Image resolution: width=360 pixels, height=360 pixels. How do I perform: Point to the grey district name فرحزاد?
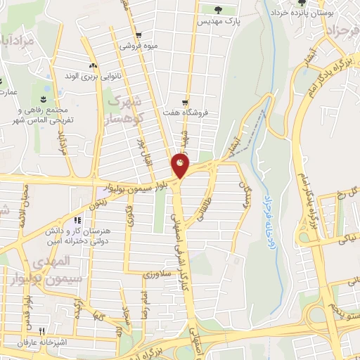pos(342,32)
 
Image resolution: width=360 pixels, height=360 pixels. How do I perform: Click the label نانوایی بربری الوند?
pos(90,75)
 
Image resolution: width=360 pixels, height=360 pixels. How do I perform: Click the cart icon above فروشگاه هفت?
pos(185,101)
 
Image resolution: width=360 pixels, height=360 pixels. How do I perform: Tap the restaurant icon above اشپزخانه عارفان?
pos(43,332)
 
